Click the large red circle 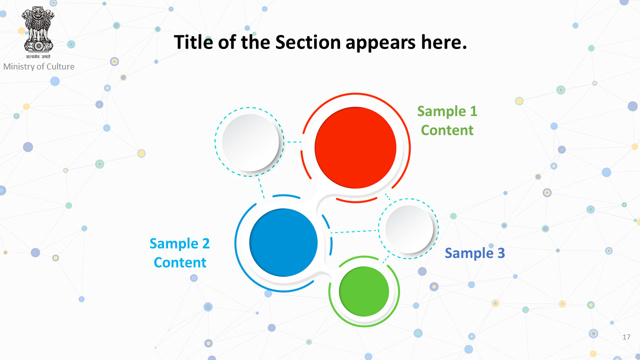[355, 147]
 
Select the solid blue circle [283, 242]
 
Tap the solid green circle [364, 291]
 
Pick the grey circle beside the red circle [250, 142]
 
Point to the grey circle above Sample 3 [409, 229]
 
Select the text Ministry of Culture [38, 66]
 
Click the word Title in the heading [193, 42]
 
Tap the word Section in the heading [308, 42]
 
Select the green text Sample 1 [447, 111]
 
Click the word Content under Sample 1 [447, 130]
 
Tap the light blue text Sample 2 [179, 243]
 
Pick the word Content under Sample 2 [180, 262]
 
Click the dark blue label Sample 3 [475, 253]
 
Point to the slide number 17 [626, 337]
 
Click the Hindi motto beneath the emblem [38, 56]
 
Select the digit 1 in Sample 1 [473, 111]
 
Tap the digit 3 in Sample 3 [501, 253]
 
